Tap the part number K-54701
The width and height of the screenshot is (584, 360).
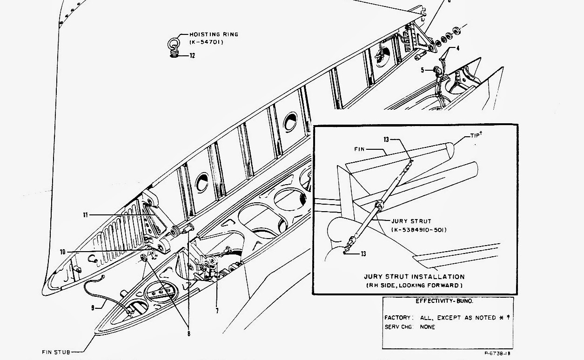207,42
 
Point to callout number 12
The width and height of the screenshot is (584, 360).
192,56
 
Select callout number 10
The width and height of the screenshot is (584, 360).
63,252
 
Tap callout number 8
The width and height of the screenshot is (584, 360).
188,333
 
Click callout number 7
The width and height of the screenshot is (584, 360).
217,310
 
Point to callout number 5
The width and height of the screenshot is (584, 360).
423,70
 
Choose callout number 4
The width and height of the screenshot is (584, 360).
457,47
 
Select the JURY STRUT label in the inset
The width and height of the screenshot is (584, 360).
411,221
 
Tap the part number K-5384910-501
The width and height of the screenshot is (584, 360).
418,229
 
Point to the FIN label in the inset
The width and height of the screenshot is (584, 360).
360,149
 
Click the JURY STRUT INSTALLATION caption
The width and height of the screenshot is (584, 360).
414,277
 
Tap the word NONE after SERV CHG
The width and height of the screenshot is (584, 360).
427,327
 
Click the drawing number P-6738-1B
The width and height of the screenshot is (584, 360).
500,354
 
